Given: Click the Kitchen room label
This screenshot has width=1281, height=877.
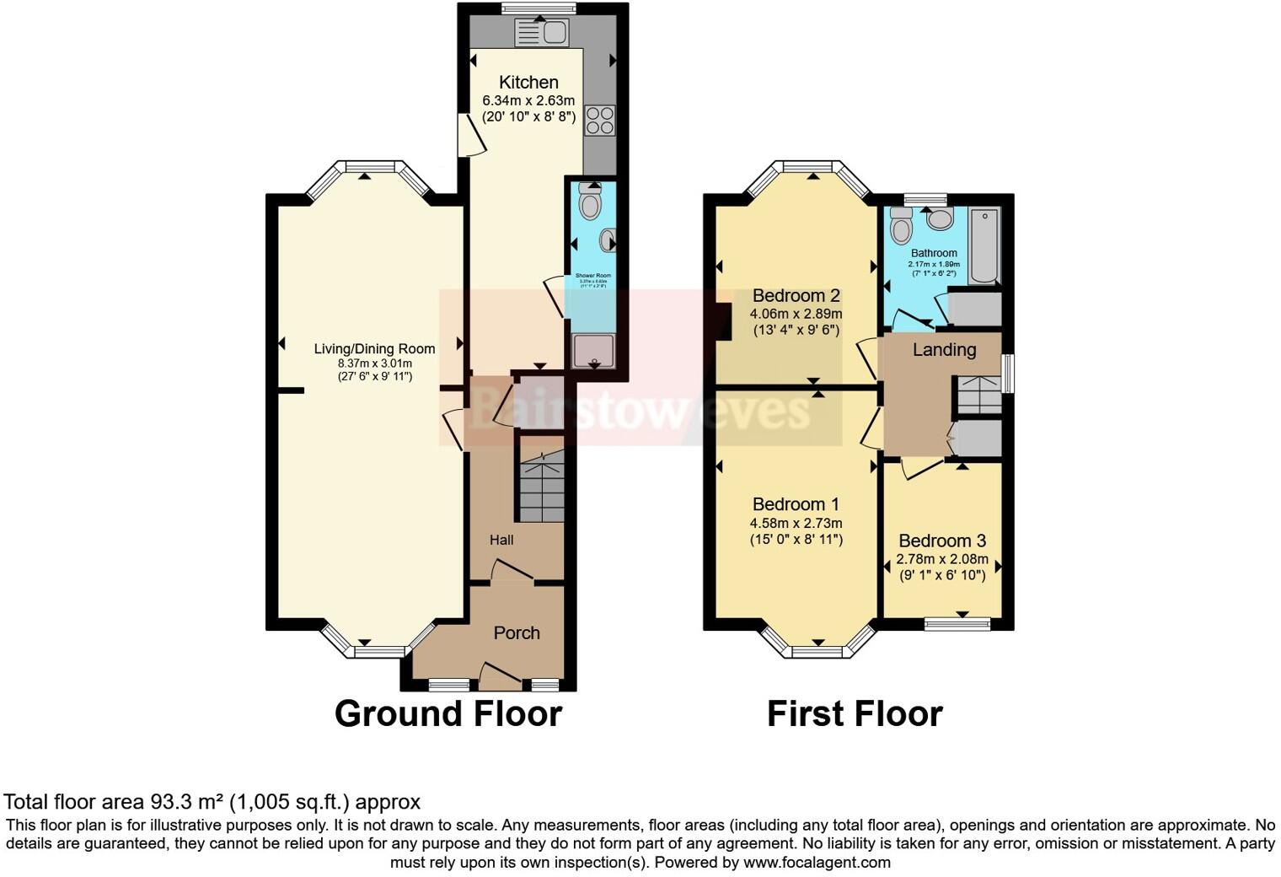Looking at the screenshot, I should tap(528, 82).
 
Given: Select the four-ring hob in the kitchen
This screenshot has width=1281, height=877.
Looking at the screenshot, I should tap(600, 120).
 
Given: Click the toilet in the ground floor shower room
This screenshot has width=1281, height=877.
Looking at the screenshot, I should tap(590, 202).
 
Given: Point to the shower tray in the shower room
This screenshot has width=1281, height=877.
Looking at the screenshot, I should tap(594, 351).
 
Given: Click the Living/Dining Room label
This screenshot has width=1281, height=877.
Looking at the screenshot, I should tap(374, 348).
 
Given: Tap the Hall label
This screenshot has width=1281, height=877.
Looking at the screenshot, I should tap(501, 540).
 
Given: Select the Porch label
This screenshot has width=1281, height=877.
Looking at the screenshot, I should tap(517, 632).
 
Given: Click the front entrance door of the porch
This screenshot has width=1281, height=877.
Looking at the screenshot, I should tap(500, 675).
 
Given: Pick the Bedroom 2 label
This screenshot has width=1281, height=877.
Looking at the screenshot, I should tap(796, 295).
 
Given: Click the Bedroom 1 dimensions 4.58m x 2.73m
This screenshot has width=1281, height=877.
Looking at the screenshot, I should tap(796, 523).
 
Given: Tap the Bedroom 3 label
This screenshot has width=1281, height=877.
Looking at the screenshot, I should tap(941, 541).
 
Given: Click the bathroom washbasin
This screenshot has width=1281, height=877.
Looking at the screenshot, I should tap(939, 220).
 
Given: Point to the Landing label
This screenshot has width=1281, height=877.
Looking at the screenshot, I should tap(944, 349).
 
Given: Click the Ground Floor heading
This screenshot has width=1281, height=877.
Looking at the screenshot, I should tap(448, 713).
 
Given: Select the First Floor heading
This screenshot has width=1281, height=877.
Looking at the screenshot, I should tap(854, 713).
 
